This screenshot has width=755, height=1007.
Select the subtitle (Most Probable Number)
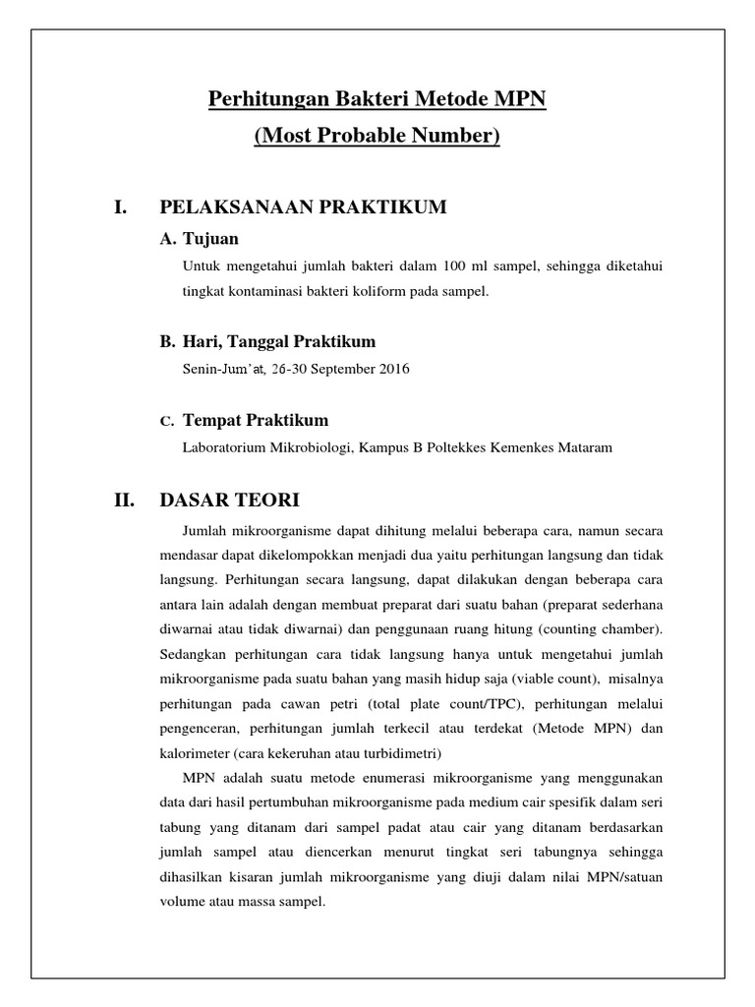(377, 135)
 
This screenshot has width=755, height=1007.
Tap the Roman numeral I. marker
(121, 207)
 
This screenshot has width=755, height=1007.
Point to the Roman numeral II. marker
(124, 501)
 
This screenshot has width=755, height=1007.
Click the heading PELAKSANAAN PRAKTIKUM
(303, 207)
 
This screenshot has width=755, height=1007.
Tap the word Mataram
(586, 447)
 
